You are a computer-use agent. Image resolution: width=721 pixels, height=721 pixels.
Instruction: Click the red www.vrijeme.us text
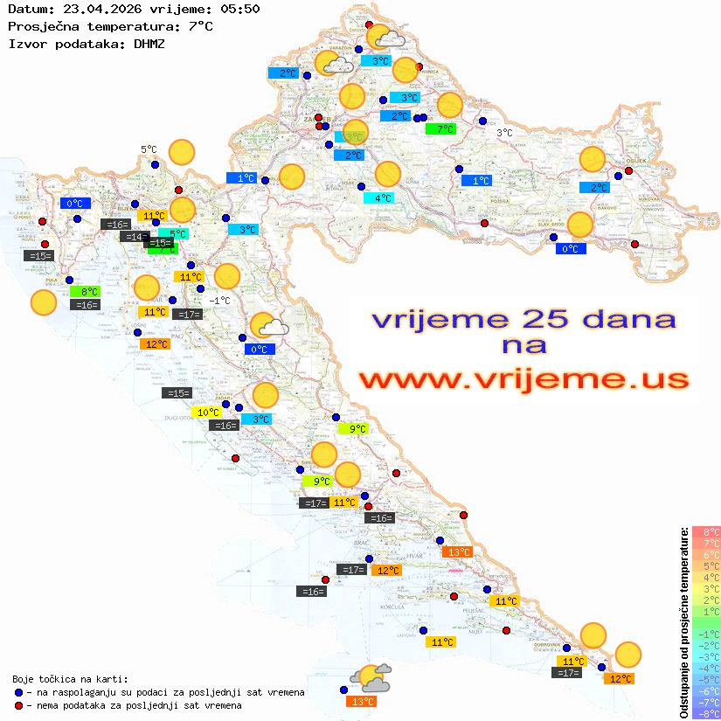pos(523,378)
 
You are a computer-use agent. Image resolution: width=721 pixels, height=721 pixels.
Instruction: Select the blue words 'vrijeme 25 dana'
pos(523,319)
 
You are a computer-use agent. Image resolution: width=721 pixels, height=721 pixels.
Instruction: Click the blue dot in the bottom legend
pos(19,692)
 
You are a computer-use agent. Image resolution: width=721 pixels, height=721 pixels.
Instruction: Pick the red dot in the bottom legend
pos(19,705)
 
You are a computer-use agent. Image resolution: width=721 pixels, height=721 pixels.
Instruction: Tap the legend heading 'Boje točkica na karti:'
pos(70,678)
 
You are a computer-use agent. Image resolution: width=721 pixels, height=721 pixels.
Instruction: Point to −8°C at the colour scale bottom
pos(706,714)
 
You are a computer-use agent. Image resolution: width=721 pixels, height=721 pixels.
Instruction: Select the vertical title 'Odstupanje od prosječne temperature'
pos(684,622)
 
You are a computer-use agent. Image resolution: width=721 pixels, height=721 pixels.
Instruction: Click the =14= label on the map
pos(135,237)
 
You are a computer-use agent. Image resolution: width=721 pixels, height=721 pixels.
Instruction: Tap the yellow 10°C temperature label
pos(207,412)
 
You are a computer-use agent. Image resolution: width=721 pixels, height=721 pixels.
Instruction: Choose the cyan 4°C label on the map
pos(378,198)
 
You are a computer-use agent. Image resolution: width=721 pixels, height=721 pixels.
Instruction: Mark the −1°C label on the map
pos(219,301)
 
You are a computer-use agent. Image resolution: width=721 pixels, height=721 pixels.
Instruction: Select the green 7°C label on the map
pos(440,129)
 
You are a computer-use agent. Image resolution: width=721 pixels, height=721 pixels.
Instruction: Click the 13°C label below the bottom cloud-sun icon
pos(362,701)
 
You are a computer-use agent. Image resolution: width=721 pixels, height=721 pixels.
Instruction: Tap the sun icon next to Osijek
pos(593,160)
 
